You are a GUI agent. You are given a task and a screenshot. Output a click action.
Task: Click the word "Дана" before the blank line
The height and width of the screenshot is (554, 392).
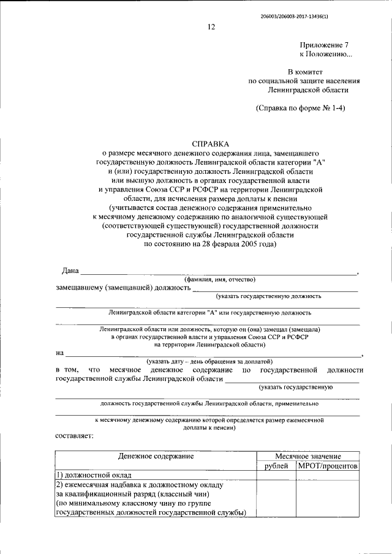(x=70, y=270)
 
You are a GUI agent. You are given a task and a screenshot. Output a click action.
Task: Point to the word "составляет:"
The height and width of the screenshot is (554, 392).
(x=74, y=435)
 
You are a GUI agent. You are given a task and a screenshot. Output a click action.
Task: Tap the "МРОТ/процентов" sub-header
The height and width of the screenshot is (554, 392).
(x=328, y=466)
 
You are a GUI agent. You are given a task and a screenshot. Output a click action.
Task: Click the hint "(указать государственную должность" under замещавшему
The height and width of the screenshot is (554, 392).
(x=268, y=296)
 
